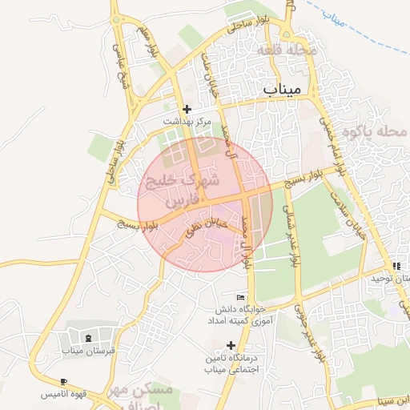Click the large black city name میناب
tap(283, 89)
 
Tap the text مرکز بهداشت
tap(187, 122)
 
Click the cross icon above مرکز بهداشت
tap(187, 109)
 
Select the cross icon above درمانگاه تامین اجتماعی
tap(231, 345)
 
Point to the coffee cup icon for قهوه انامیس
tap(64, 381)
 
